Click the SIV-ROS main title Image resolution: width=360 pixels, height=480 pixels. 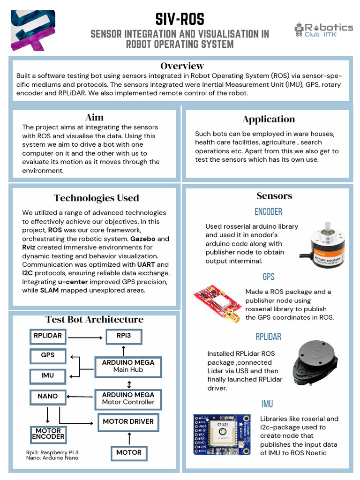(180, 19)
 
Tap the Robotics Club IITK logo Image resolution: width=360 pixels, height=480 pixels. (323, 29)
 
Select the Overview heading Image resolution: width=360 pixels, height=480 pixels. (182, 66)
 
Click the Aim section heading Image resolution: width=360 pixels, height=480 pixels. (94, 117)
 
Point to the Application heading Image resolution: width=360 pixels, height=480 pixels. (269, 119)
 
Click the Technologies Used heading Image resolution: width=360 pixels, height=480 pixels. (96, 198)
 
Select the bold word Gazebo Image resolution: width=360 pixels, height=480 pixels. (143, 239)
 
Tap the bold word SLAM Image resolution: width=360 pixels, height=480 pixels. (49, 290)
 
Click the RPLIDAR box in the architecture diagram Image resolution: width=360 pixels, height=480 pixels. (48, 336)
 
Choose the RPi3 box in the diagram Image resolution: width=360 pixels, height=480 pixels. (123, 336)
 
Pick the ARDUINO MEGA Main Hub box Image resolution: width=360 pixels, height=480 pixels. (128, 366)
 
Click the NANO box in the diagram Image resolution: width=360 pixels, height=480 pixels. (48, 397)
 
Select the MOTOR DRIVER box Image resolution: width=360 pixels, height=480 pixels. (128, 421)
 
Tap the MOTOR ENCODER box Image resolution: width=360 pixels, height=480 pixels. (48, 434)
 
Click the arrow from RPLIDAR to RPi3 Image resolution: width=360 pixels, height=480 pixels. (85, 337)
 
